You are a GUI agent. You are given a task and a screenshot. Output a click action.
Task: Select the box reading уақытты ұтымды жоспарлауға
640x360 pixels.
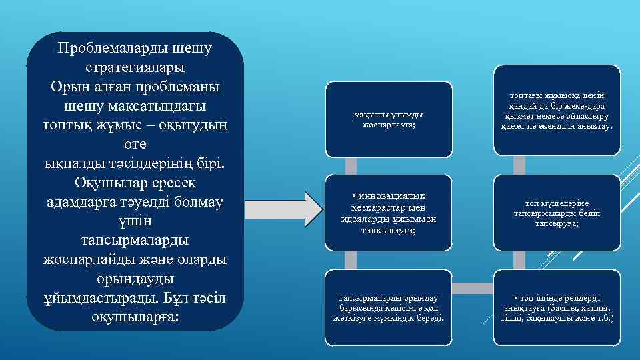coord(389,120)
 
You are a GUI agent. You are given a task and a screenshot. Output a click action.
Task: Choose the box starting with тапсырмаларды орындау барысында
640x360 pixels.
coord(389,307)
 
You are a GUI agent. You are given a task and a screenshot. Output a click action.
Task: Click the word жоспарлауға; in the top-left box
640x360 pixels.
coord(389,125)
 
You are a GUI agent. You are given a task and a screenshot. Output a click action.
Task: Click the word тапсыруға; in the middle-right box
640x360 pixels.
coord(556,224)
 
